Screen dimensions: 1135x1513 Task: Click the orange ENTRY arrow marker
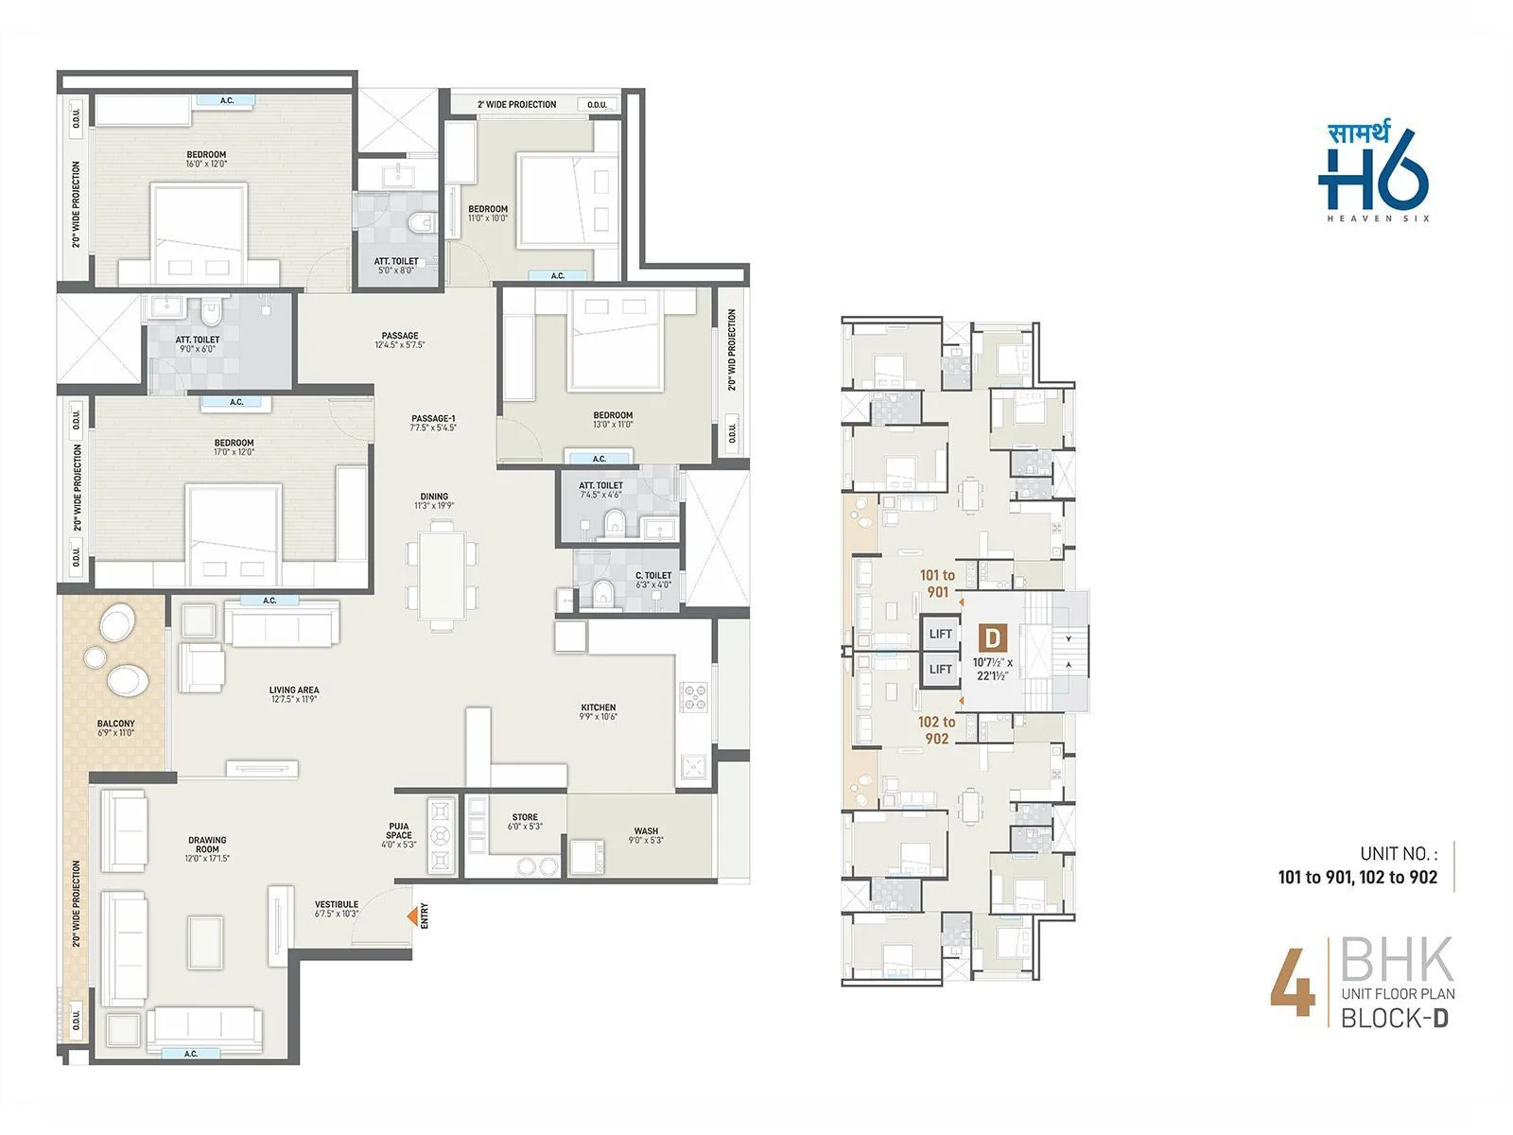point(412,916)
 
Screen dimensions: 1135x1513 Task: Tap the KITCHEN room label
point(598,707)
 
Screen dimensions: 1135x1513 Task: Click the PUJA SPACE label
point(399,830)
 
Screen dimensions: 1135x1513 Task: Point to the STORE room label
point(525,817)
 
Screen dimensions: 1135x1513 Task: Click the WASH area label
point(647,831)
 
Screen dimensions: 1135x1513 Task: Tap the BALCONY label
point(115,724)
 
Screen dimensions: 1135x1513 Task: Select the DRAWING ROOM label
point(207,845)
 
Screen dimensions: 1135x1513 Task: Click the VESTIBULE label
point(337,904)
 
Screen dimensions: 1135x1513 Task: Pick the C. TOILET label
point(653,575)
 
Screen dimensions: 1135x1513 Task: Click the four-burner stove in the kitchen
point(695,697)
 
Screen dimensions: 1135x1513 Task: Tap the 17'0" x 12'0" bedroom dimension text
point(234,452)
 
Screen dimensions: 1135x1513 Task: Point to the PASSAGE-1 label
point(434,418)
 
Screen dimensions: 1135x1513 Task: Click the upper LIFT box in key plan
point(940,634)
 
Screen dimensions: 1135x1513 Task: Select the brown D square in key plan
point(992,637)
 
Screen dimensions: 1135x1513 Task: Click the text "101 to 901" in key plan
point(937,584)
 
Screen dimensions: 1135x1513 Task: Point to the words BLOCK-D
point(1395,1019)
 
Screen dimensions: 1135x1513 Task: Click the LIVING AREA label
point(294,690)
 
